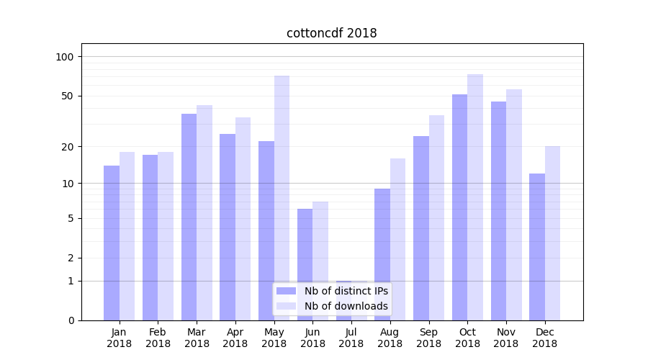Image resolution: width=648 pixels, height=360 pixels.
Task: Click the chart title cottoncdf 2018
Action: pyautogui.click(x=331, y=33)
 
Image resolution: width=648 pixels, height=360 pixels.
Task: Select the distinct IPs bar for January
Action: pyautogui.click(x=112, y=243)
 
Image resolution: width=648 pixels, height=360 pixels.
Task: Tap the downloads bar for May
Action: pyautogui.click(x=282, y=198)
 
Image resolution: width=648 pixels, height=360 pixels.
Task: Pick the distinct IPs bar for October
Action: pyautogui.click(x=459, y=207)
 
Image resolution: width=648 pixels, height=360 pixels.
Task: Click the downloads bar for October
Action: pyautogui.click(x=475, y=197)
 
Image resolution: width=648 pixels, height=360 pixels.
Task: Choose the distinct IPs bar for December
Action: pyautogui.click(x=537, y=247)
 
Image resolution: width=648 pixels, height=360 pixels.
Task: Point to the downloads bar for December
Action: pyautogui.click(x=552, y=233)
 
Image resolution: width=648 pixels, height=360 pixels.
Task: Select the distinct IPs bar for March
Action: pyautogui.click(x=189, y=217)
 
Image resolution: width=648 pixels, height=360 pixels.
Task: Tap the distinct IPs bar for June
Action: pyautogui.click(x=305, y=264)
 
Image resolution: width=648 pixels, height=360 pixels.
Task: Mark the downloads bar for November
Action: pyautogui.click(x=514, y=204)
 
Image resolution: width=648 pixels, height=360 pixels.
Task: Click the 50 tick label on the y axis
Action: pyautogui.click(x=67, y=96)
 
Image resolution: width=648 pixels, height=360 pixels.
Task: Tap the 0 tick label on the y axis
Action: pyautogui.click(x=71, y=320)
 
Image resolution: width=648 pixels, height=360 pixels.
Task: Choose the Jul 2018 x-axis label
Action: pyautogui.click(x=351, y=338)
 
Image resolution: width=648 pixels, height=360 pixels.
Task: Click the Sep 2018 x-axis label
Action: pyautogui.click(x=428, y=338)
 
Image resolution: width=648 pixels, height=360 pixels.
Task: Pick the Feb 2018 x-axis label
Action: pyautogui.click(x=158, y=338)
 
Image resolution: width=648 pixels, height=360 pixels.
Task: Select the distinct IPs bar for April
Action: pyautogui.click(x=228, y=227)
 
